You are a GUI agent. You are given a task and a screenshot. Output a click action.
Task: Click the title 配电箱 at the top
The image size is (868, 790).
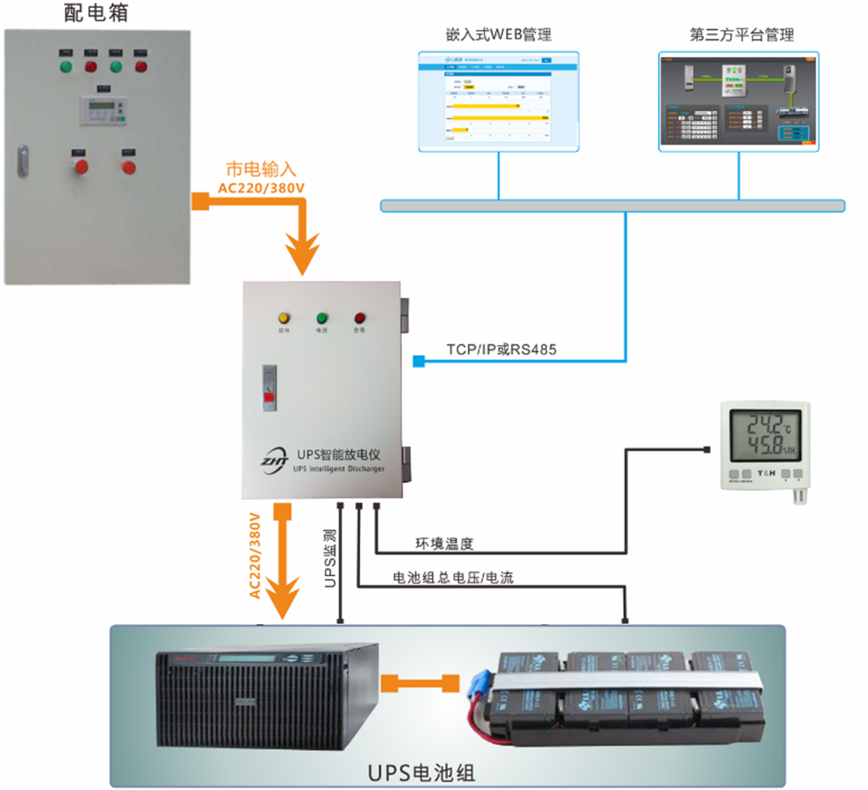(95, 13)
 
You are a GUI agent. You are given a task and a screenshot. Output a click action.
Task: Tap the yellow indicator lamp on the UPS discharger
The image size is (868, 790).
(284, 318)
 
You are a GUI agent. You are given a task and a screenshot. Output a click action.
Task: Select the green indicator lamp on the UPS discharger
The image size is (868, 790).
(322, 318)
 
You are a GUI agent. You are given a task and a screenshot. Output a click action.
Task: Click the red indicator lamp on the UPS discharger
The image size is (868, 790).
(359, 318)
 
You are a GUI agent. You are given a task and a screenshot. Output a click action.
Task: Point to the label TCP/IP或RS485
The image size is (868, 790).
(501, 349)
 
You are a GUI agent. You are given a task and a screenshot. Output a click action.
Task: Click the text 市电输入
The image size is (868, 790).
(261, 169)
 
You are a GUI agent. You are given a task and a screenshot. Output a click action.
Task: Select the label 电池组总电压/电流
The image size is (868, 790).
(453, 577)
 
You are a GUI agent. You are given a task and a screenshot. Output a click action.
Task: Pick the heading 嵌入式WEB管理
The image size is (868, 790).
(498, 35)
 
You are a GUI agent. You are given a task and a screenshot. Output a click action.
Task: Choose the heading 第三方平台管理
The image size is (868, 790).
(741, 35)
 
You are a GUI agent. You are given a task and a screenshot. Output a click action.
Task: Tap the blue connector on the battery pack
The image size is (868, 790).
(477, 684)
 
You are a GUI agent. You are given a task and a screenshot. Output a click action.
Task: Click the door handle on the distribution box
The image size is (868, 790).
(23, 161)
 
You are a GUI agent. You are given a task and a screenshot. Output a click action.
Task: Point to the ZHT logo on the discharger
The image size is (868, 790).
(275, 459)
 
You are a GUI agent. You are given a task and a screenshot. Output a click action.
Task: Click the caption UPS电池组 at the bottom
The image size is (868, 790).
(422, 772)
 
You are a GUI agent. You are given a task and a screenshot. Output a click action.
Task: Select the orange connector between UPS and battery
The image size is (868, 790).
(420, 683)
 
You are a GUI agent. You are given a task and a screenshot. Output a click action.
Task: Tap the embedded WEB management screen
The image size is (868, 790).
(498, 101)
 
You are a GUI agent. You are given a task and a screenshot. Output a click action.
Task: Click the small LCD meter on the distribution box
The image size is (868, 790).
(103, 110)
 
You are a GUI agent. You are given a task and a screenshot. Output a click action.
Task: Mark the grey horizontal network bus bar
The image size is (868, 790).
(612, 206)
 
